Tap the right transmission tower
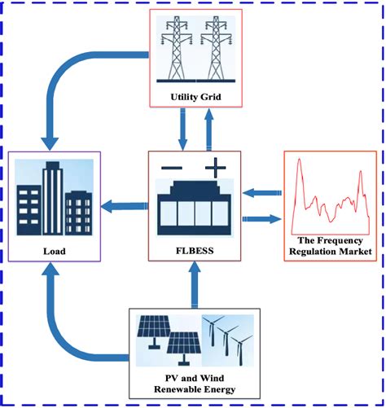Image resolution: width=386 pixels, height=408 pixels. [216, 50]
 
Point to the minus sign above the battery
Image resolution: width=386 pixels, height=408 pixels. [172, 169]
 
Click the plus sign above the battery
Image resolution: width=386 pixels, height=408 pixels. [216, 169]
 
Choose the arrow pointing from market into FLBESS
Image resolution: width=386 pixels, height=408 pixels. [261, 192]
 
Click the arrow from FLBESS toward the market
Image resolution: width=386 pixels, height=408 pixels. [261, 218]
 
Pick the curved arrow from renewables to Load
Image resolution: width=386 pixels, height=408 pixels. [73, 326]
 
